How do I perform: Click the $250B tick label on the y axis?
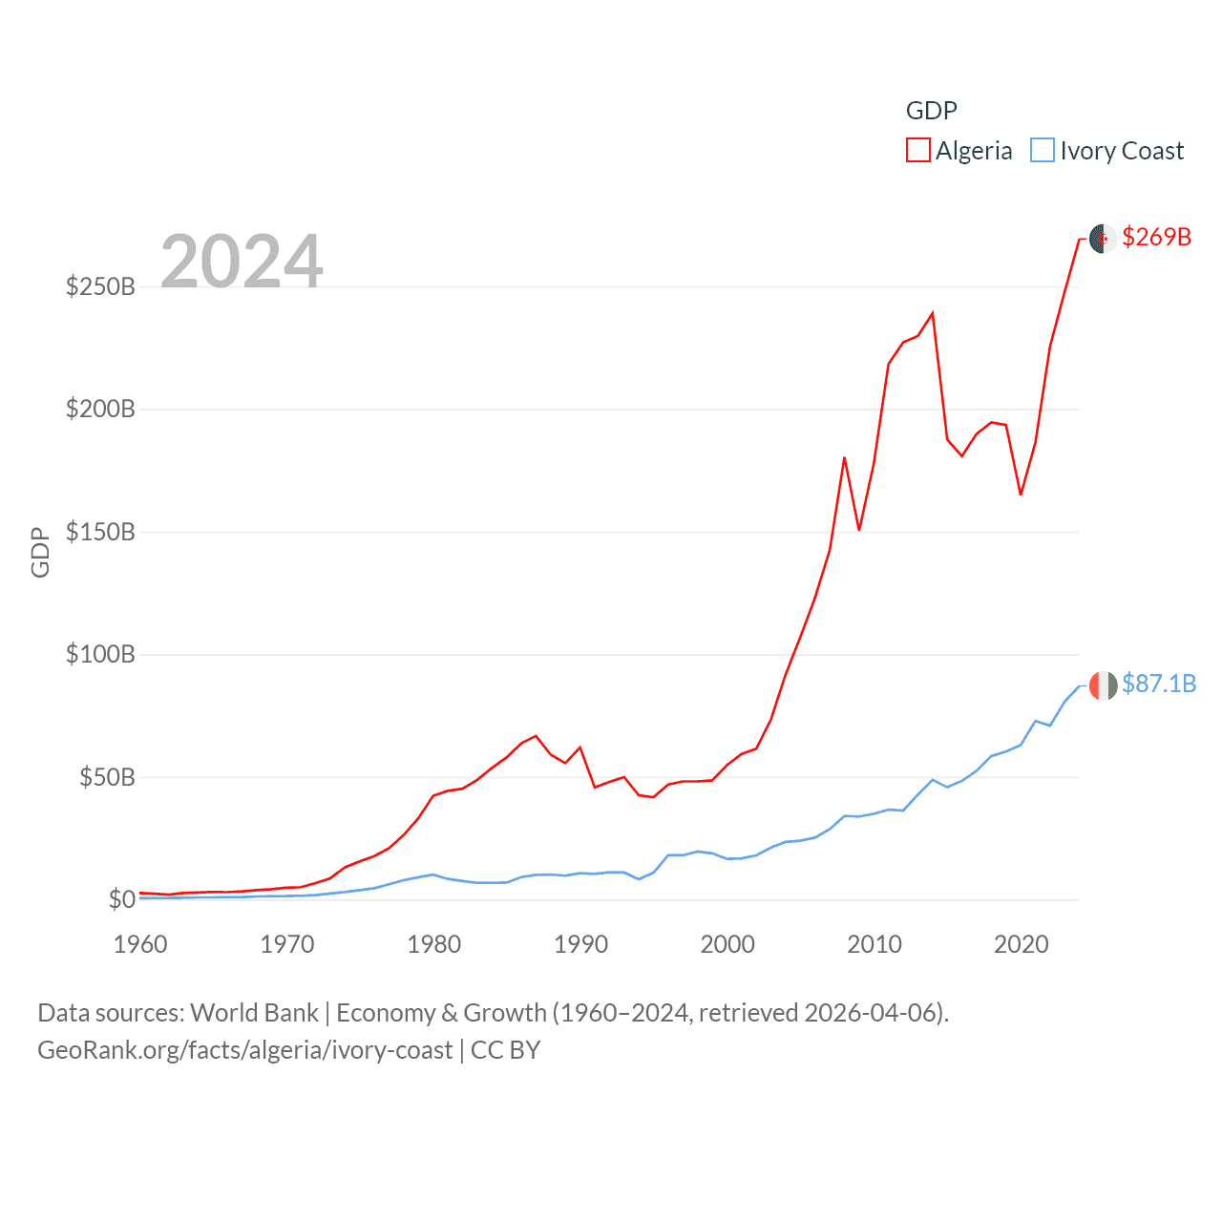tap(100, 286)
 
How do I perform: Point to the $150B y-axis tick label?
tap(100, 532)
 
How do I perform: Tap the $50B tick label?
tap(107, 777)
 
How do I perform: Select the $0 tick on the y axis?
tap(121, 899)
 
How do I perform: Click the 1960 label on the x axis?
tap(140, 944)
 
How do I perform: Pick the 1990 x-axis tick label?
tap(580, 944)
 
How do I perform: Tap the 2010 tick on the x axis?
tap(874, 944)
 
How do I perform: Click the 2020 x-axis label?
tap(1022, 944)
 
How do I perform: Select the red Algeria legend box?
tap(918, 151)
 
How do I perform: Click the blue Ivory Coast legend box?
tap(1043, 151)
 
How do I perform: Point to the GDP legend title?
tap(931, 111)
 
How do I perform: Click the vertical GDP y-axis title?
tap(40, 552)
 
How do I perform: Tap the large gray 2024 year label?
tap(242, 261)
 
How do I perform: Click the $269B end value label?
tap(1156, 237)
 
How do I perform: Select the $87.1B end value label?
tap(1159, 684)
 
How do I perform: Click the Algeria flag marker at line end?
tap(1103, 238)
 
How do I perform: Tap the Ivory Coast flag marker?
tap(1103, 685)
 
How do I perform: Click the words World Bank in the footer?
tap(254, 1012)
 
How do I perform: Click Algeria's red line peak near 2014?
tap(932, 313)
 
